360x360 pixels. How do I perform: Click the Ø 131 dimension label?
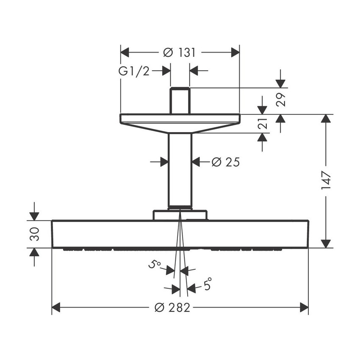coord(180,53)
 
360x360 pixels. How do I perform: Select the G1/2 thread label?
coord(134,71)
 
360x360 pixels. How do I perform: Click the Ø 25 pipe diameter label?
coord(225,162)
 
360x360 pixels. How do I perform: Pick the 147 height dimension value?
coord(326,181)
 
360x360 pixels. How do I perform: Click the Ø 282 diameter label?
coord(173,308)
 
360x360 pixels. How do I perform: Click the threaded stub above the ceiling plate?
coord(180,101)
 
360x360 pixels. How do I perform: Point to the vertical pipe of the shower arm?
coord(180,169)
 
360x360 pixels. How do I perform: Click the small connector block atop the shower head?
coord(180,215)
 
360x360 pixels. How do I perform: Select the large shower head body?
coord(180,234)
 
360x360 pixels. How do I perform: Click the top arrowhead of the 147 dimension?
coord(326,119)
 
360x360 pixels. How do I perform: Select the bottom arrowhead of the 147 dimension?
coord(326,244)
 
